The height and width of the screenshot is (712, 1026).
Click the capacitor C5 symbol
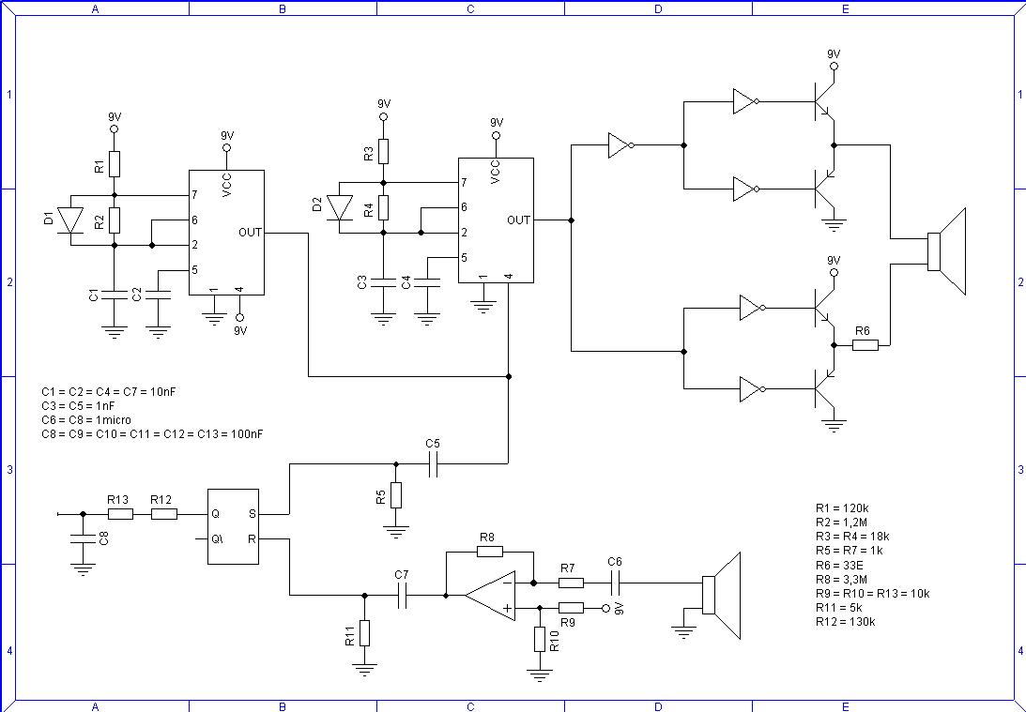(434, 462)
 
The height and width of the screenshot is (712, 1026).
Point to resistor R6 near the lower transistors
(865, 345)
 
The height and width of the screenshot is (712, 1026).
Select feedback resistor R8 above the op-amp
(487, 553)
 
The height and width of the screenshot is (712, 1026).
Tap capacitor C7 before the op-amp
(403, 594)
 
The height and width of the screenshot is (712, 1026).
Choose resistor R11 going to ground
(365, 633)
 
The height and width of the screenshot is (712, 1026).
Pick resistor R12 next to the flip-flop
(164, 514)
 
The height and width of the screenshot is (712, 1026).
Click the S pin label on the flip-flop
(252, 514)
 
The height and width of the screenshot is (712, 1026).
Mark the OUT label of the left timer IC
(250, 232)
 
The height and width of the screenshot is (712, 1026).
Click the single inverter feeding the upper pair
(620, 145)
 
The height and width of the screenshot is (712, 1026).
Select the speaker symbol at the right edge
(947, 251)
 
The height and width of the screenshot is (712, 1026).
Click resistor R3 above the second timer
(383, 151)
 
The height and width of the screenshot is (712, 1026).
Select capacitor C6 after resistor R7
(615, 583)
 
